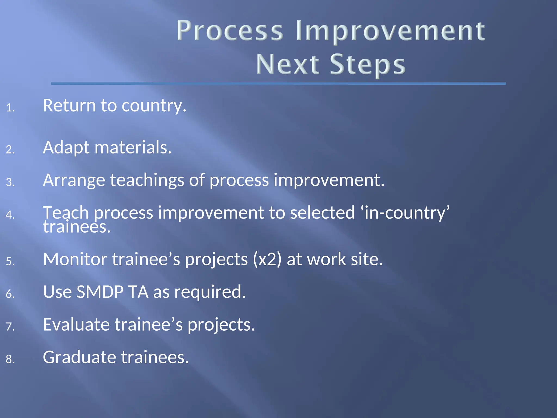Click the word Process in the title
click(x=230, y=31)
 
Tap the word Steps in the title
click(x=367, y=64)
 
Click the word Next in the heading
click(x=287, y=64)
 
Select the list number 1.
click(x=10, y=108)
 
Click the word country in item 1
click(x=154, y=106)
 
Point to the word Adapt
click(x=66, y=148)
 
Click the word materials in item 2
click(x=133, y=147)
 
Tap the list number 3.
click(x=10, y=182)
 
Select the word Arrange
click(x=74, y=180)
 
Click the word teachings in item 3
click(x=147, y=180)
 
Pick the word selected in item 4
click(x=322, y=213)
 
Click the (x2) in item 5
click(x=267, y=259)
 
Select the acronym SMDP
click(x=100, y=292)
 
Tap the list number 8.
click(x=10, y=359)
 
